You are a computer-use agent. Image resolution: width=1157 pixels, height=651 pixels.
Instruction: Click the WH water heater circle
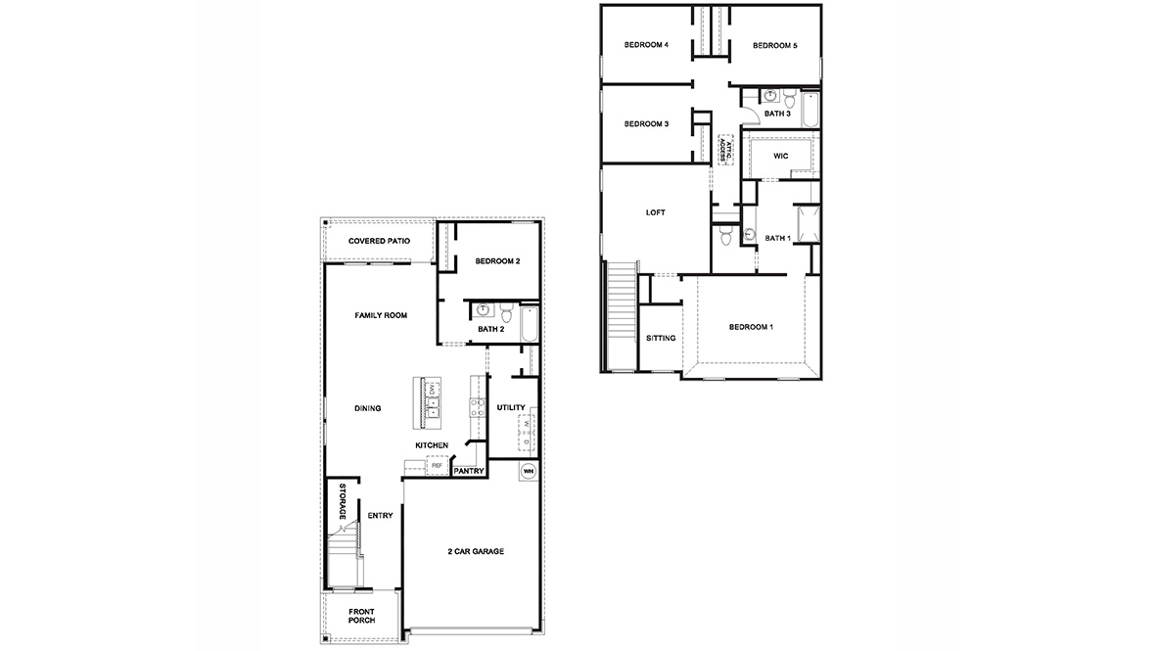529,471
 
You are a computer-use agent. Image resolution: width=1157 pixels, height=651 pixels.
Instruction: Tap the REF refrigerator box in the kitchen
437,466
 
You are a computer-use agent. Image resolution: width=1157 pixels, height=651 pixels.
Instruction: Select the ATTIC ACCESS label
727,149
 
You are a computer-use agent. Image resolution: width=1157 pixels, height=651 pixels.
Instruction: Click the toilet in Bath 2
506,312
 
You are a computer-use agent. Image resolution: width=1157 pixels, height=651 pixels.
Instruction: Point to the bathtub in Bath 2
529,324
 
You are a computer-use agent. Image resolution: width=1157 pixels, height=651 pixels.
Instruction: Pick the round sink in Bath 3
769,97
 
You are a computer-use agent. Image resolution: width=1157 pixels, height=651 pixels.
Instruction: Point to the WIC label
780,156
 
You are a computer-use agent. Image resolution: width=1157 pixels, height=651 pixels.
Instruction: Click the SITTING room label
661,338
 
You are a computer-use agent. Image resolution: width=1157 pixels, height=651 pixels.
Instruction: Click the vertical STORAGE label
343,502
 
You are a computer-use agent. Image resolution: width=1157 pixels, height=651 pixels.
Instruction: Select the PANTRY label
469,471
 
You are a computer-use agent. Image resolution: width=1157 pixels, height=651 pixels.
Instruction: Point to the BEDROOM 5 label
775,46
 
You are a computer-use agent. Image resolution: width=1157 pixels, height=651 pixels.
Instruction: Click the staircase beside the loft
622,314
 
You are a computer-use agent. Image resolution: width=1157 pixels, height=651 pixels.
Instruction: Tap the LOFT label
655,212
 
